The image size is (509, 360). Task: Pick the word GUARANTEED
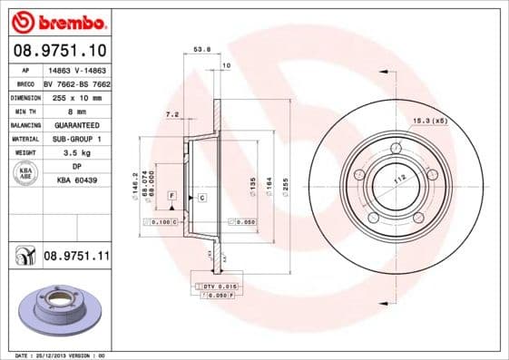[x=76, y=124]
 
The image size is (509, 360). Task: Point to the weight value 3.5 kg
[x=76, y=153]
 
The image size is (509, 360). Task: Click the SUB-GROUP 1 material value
[x=76, y=139]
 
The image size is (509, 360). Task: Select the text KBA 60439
[x=76, y=181]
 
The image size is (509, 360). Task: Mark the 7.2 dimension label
[x=171, y=115]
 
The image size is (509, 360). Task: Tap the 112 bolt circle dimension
[x=396, y=178]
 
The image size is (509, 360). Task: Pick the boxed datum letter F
[x=171, y=195]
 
